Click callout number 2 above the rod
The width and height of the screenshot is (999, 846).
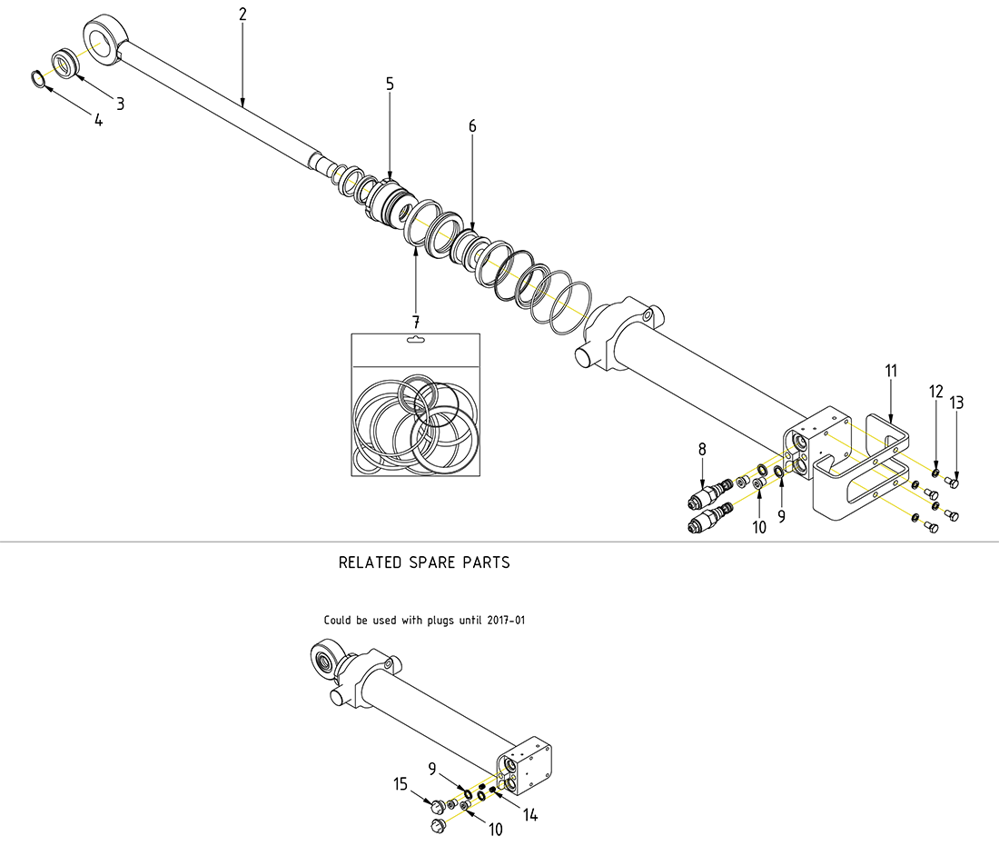[242, 15]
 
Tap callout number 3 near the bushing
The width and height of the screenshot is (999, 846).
[120, 104]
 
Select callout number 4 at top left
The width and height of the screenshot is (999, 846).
[99, 120]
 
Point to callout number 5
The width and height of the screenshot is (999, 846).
[390, 84]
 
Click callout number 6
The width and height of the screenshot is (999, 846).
[472, 125]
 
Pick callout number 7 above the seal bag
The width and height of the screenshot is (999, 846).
[416, 322]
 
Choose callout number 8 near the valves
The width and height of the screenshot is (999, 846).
[702, 449]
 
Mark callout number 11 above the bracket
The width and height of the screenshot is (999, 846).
[891, 370]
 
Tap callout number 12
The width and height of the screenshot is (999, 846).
[936, 392]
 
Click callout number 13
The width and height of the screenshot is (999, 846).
[957, 402]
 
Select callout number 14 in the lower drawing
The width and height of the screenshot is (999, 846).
[530, 815]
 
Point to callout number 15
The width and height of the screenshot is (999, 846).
[401, 783]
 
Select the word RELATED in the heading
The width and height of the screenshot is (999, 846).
[368, 562]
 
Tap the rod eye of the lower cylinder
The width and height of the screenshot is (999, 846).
[323, 657]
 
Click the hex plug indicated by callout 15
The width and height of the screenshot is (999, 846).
[436, 805]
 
